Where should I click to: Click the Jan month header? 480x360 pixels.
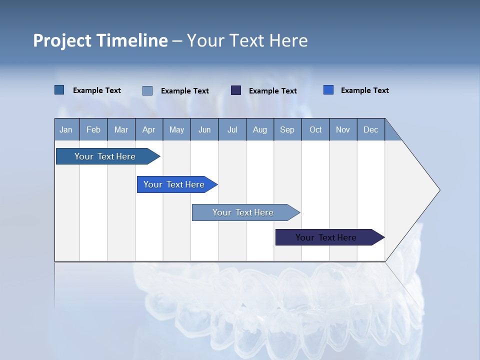[x=66, y=129]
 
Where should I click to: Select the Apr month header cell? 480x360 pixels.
[x=149, y=129]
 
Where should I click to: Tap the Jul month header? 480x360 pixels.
[x=232, y=129]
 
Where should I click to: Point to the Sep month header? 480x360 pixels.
[x=287, y=129]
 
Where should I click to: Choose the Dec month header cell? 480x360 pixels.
[x=371, y=129]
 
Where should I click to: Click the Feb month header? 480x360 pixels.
[x=93, y=129]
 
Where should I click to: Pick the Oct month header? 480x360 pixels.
[x=315, y=129]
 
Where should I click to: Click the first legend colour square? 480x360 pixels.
[x=59, y=90]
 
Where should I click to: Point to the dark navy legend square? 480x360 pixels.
[x=236, y=90]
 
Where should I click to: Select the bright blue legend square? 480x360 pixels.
[x=328, y=90]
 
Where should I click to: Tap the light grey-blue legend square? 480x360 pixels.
[x=147, y=90]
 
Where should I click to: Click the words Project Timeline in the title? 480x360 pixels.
[x=100, y=40]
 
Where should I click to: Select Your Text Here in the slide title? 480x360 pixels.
[x=247, y=40]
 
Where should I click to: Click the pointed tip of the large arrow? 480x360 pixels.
[x=438, y=189]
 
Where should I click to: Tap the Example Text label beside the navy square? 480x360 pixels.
[x=273, y=91]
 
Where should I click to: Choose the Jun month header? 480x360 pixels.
[x=204, y=129]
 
